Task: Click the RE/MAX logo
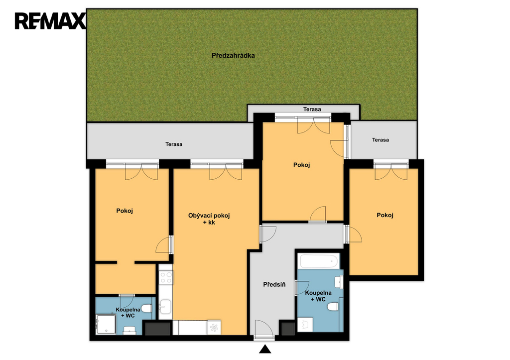(x=50, y=21)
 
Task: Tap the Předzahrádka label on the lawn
(x=233, y=56)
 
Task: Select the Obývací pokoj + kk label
(x=209, y=219)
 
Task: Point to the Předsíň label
(x=274, y=284)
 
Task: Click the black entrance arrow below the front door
(x=265, y=349)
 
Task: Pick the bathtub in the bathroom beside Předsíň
(x=318, y=261)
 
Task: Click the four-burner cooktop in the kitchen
(x=166, y=277)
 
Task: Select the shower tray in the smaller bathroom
(x=106, y=324)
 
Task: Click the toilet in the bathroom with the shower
(x=146, y=308)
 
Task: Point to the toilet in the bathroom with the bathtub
(x=333, y=307)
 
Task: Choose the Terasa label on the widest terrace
(x=174, y=144)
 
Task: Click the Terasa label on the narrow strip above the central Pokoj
(x=312, y=109)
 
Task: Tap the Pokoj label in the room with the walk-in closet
(x=125, y=211)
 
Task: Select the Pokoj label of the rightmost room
(x=385, y=215)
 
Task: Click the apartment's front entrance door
(x=264, y=330)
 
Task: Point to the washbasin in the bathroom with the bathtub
(x=339, y=282)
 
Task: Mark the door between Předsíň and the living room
(x=267, y=234)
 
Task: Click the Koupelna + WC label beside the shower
(x=128, y=313)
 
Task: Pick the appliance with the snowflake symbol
(x=214, y=328)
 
